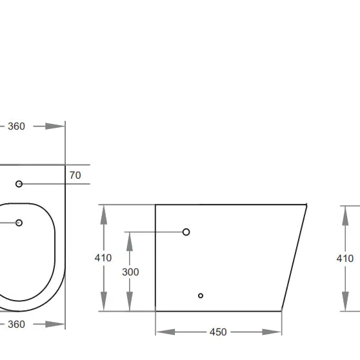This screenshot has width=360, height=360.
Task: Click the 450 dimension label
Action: pyautogui.click(x=218, y=332)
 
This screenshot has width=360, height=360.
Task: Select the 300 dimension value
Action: pyautogui.click(x=130, y=272)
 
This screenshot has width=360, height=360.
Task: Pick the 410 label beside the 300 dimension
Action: pyautogui.click(x=103, y=257)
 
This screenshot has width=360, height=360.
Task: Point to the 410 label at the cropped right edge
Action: pyautogui.click(x=345, y=258)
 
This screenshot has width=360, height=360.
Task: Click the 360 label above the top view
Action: pyautogui.click(x=16, y=126)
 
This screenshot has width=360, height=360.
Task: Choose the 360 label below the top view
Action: pyautogui.click(x=16, y=324)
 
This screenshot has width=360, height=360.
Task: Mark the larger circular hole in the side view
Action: pyautogui.click(x=186, y=232)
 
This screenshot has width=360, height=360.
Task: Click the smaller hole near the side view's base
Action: pyautogui.click(x=201, y=295)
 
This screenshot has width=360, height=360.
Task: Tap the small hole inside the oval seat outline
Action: pyautogui.click(x=19, y=223)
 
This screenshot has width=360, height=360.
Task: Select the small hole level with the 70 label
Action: pyautogui.click(x=19, y=184)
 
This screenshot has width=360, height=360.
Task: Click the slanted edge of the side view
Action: pyautogui.click(x=294, y=257)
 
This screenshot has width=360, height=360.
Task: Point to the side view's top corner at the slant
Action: pyautogui.click(x=306, y=205)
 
